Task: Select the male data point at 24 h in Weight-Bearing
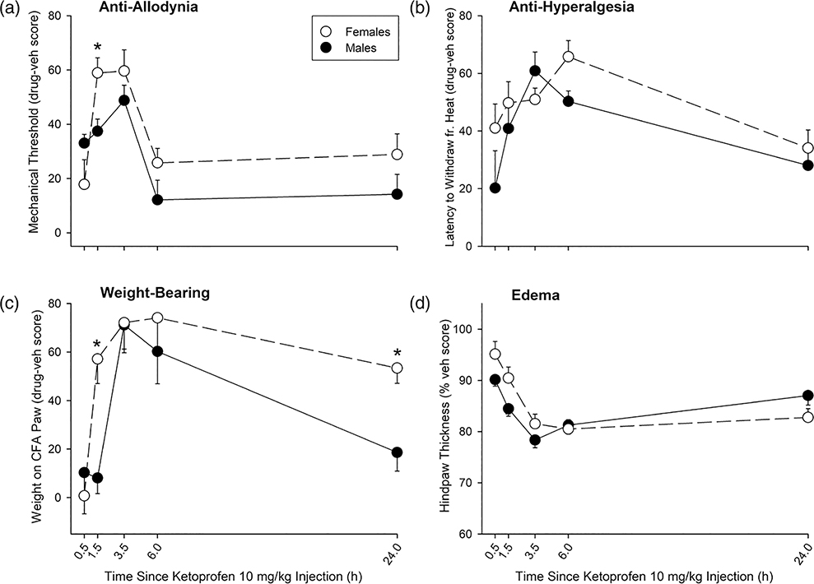[x=398, y=452]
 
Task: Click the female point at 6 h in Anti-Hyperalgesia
[x=568, y=57]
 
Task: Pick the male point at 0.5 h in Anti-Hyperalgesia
[x=495, y=188]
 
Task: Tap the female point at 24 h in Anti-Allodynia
[x=398, y=154]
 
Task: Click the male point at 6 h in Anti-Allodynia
[x=157, y=200]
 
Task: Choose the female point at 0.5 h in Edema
[x=495, y=355]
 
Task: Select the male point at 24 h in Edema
[x=807, y=396]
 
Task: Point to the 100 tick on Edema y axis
[x=469, y=329]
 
